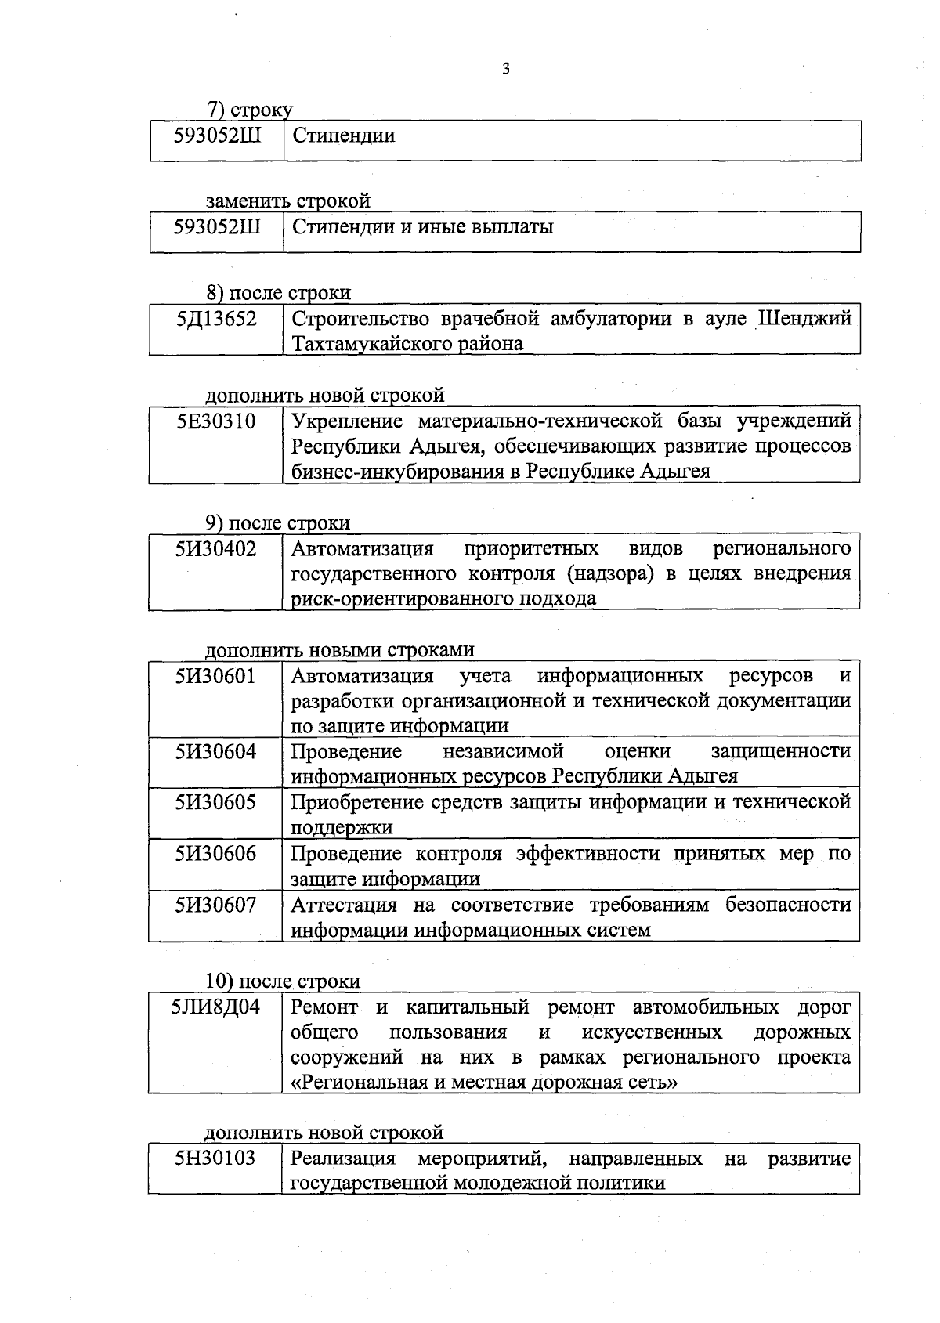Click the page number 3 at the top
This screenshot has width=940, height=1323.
click(505, 69)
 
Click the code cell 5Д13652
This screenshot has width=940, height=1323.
click(215, 320)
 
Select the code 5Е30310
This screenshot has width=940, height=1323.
click(215, 422)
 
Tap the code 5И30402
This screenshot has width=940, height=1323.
click(215, 549)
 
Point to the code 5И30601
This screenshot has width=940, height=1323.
click(215, 676)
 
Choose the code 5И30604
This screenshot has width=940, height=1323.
click(215, 752)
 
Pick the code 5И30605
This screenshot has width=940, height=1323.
click(215, 803)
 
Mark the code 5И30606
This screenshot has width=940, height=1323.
click(215, 854)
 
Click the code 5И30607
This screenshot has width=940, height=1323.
click(215, 905)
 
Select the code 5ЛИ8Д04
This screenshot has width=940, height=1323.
click(215, 1007)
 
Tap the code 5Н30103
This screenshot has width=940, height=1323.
click(215, 1159)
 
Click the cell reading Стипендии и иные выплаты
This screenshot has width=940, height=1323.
click(422, 228)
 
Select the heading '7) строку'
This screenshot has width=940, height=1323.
click(249, 110)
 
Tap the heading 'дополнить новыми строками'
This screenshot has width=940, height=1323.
click(339, 650)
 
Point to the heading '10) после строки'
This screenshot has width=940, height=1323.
click(283, 981)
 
